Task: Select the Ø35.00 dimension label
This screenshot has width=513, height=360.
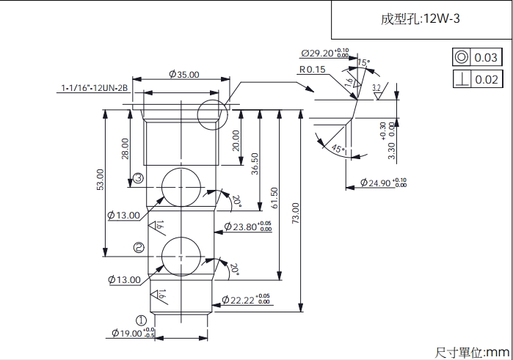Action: pos(183,74)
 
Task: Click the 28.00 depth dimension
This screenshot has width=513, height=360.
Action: pos(125,149)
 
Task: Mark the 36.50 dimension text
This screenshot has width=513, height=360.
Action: pos(255,163)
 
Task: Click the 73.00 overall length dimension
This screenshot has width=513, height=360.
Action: pos(295,213)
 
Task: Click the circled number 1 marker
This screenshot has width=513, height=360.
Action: pos(142,320)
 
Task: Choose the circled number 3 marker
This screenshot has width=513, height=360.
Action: pos(137,179)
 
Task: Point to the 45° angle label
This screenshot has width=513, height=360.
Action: pos(337,149)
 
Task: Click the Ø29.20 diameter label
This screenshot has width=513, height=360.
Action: pos(324,54)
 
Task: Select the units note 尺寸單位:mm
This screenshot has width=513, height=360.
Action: pos(472,353)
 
